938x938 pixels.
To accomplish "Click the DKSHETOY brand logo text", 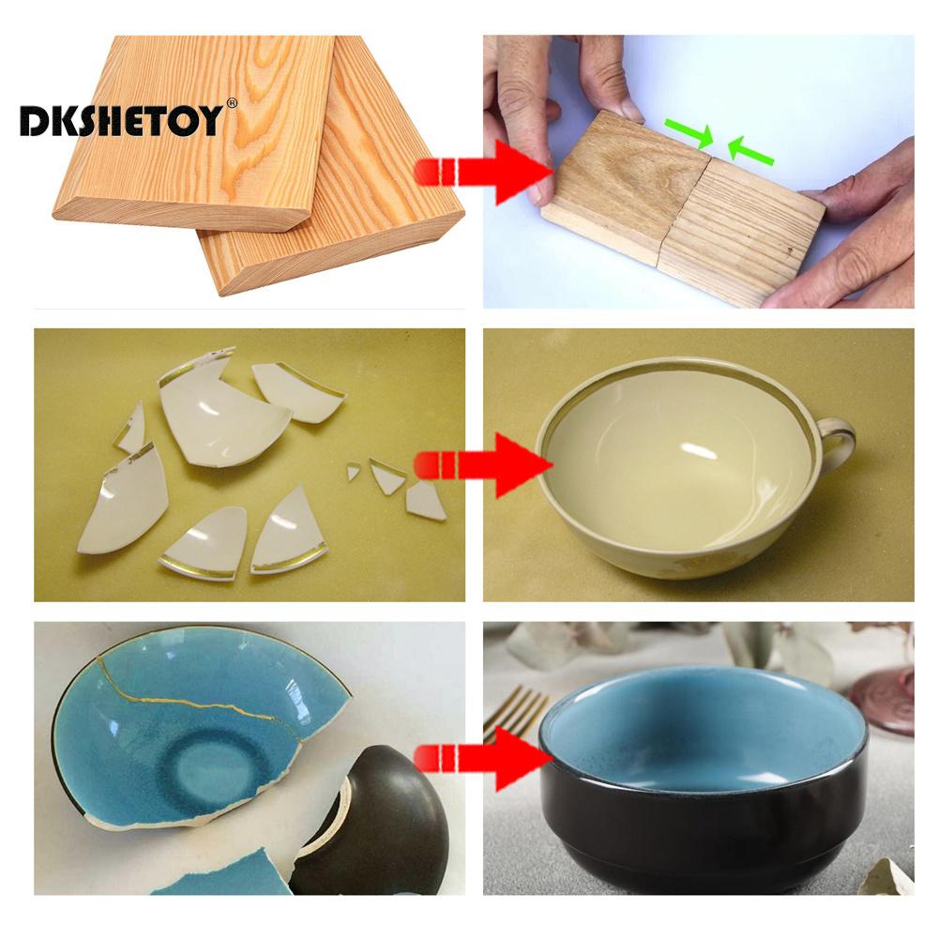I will (x=122, y=120).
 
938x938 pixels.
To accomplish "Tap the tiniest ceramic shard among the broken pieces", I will (x=354, y=472).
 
